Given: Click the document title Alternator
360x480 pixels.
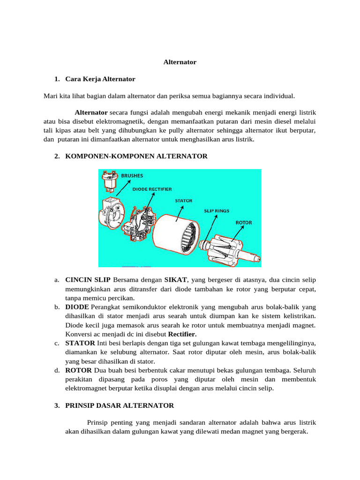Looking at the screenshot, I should pos(180,62).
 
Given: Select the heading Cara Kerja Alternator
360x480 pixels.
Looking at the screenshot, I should pos(100,79).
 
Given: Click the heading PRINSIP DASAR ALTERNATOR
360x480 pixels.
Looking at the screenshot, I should pos(120,405).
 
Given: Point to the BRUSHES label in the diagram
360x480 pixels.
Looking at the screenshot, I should pos(132,176).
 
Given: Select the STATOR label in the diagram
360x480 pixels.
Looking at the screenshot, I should pos(184,201).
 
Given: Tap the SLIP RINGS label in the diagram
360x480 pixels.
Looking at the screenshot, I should pos(216,211).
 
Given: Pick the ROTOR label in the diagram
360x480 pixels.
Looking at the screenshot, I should pos(243,223).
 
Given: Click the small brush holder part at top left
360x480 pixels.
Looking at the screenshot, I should pos(109,181).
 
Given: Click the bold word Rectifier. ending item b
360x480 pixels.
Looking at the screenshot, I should pos(182,334).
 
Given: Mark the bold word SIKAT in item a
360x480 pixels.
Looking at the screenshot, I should pos(175,280).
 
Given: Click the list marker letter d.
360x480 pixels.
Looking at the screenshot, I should pos(56,370).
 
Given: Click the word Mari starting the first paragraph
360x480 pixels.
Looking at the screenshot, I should pos(50,96).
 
